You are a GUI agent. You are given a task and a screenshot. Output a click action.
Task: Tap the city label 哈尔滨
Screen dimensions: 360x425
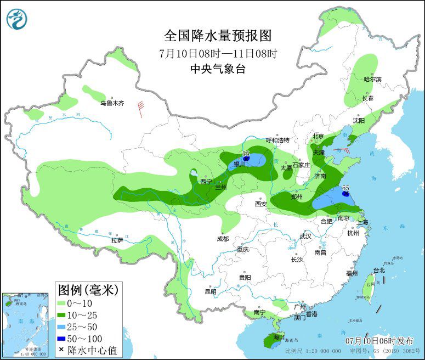click(372, 79)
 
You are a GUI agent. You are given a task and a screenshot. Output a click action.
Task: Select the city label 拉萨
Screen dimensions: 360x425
click(117, 240)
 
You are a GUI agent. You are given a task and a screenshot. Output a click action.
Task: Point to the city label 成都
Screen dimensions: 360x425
click(222, 239)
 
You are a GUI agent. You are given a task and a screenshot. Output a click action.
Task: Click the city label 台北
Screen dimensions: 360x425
click(379, 270)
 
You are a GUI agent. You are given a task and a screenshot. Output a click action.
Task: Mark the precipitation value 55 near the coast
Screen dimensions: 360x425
click(345, 188)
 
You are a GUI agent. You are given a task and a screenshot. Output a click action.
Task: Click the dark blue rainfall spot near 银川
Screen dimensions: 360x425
click(247, 159)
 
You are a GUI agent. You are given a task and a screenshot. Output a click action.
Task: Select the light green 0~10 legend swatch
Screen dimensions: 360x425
click(61, 303)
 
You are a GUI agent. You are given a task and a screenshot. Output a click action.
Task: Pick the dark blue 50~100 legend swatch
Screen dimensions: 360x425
click(61, 338)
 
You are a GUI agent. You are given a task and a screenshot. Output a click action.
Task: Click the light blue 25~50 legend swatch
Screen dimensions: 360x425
click(61, 327)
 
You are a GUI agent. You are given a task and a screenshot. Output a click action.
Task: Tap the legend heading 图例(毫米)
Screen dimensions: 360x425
click(88, 289)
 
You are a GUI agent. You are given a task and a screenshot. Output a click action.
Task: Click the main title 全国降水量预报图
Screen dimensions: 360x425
click(218, 36)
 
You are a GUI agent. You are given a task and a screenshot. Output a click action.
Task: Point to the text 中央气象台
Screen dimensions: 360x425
click(218, 69)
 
